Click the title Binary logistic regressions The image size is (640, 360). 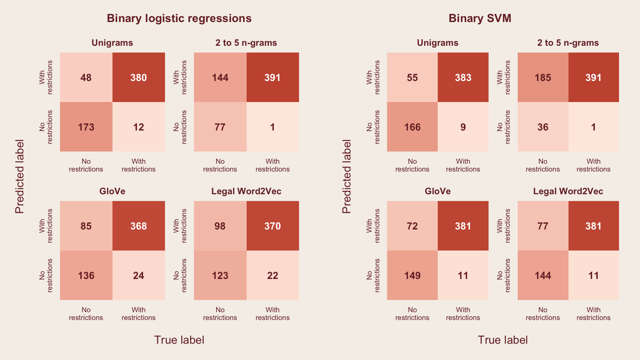tap(179, 18)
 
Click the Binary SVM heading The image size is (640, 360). tap(480, 18)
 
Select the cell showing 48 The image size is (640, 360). tap(86, 78)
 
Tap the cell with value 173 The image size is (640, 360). tap(86, 127)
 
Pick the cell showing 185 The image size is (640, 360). tap(543, 78)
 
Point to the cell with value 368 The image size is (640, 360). tap(139, 226)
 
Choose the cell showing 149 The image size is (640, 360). tap(412, 276)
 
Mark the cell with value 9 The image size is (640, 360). tap(463, 127)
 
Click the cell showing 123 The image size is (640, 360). tap(220, 276)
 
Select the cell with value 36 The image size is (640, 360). tap(543, 127)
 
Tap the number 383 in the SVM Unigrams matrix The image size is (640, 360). tap(463, 78)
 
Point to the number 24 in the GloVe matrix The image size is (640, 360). tap(139, 276)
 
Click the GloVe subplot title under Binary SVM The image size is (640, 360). tap(437, 191)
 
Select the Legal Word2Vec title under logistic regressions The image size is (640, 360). tap(246, 191)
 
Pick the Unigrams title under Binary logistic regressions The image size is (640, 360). tap(112, 43)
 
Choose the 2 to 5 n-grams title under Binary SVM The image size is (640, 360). tap(568, 43)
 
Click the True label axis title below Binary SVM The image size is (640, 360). tap(502, 340)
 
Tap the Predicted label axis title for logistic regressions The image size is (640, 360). tap(20, 176)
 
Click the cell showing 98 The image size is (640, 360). tap(220, 226)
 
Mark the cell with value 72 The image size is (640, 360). tap(412, 226)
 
